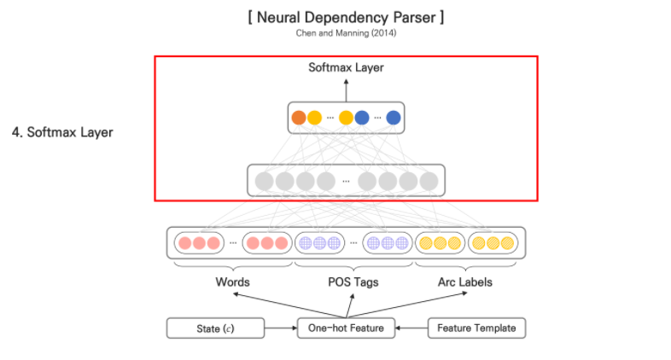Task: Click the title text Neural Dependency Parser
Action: (x=346, y=16)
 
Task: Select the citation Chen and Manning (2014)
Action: (x=346, y=34)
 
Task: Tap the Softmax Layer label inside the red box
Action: (x=346, y=67)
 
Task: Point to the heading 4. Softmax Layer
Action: (x=62, y=132)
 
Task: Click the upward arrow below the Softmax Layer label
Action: (x=346, y=87)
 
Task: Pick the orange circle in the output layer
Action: (x=298, y=118)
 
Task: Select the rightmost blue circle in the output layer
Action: (x=393, y=118)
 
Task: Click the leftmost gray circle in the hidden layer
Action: (x=265, y=181)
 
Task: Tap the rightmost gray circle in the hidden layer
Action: (x=429, y=181)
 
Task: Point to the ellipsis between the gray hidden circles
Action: (x=347, y=182)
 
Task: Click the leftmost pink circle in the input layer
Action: (x=185, y=243)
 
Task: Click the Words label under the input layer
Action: (x=232, y=282)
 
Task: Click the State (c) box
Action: (x=215, y=328)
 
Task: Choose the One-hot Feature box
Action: (x=346, y=328)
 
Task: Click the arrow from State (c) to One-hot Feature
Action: (x=280, y=328)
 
